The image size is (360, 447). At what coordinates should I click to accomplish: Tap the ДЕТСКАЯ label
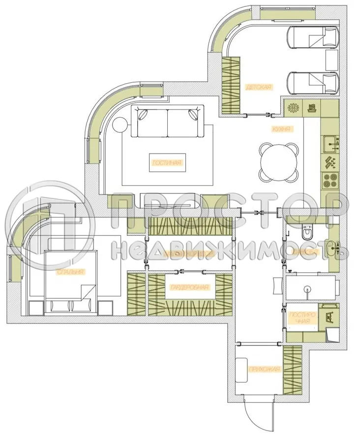point(258,87)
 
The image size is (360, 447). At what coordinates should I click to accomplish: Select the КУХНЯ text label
point(282,129)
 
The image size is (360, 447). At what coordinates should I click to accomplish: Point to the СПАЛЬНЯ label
point(71,271)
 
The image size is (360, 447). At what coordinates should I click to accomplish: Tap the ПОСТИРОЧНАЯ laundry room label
point(300,319)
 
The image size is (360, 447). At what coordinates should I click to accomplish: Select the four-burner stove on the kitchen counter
point(329,180)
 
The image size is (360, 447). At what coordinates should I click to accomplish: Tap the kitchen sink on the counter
point(330,143)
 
